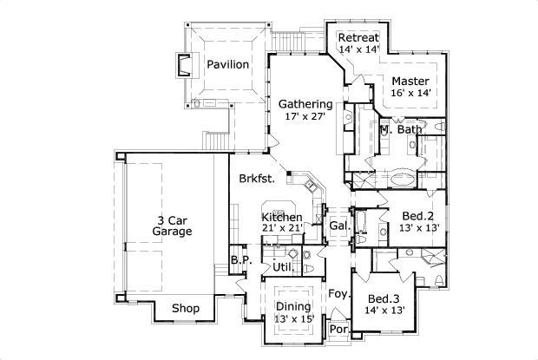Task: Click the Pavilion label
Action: click(228, 64)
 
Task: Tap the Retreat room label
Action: click(358, 37)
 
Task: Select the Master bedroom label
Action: click(410, 80)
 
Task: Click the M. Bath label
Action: click(400, 130)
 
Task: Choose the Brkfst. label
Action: click(258, 180)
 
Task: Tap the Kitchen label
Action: click(282, 217)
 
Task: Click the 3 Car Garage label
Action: click(172, 226)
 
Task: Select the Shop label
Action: click(186, 309)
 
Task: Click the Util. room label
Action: click(282, 266)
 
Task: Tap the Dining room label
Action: click(293, 305)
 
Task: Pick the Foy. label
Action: click(338, 294)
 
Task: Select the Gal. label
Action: click(338, 226)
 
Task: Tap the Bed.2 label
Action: click(418, 215)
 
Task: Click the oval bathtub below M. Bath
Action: click(402, 180)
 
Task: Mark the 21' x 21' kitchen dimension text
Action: click(282, 228)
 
